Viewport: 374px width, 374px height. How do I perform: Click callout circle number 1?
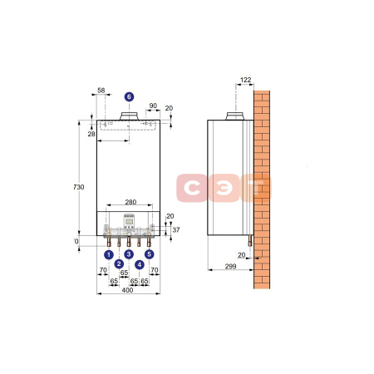click(x=109, y=254)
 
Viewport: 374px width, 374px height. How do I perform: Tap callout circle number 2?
click(x=119, y=263)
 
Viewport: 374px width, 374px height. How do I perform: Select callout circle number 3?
click(x=129, y=254)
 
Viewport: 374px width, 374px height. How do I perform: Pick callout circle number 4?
click(x=140, y=265)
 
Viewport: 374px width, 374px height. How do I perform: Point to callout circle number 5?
click(x=150, y=254)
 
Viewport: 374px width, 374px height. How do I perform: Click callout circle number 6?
click(x=129, y=97)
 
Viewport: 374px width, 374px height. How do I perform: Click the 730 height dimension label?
click(x=79, y=187)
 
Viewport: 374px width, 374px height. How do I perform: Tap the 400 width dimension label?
click(x=127, y=290)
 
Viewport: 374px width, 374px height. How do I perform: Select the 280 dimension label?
click(x=130, y=202)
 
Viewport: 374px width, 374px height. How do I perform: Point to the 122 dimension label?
click(x=246, y=80)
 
